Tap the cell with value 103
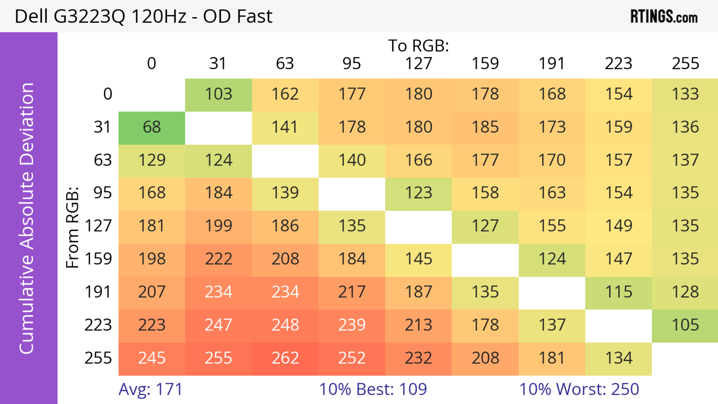219,94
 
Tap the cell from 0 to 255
685,94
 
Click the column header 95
352,64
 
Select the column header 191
552,64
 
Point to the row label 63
103,160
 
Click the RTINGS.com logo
664,17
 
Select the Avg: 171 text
151,389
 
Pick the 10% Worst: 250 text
579,389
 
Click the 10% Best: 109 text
373,389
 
